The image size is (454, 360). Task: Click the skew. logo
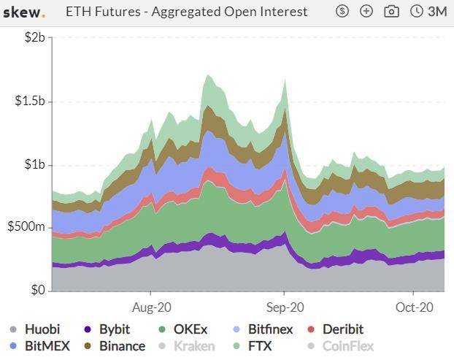tap(24, 12)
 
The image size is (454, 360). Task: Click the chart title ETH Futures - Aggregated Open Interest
tap(187, 12)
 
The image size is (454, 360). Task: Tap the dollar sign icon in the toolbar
tap(343, 12)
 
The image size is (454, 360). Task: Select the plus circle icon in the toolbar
tap(366, 12)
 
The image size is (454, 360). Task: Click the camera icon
tap(391, 12)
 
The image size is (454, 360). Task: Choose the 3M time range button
tap(429, 12)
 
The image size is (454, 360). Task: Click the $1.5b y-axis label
tap(30, 101)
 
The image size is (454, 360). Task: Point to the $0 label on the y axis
tap(37, 291)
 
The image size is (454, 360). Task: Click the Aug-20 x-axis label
tap(152, 307)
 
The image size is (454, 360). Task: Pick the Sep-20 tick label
tap(285, 307)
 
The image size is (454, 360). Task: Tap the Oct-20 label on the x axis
tap(415, 307)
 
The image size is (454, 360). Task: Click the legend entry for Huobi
tap(36, 329)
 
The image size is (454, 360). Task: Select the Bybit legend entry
tap(107, 329)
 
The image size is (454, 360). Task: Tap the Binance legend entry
tap(114, 346)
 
